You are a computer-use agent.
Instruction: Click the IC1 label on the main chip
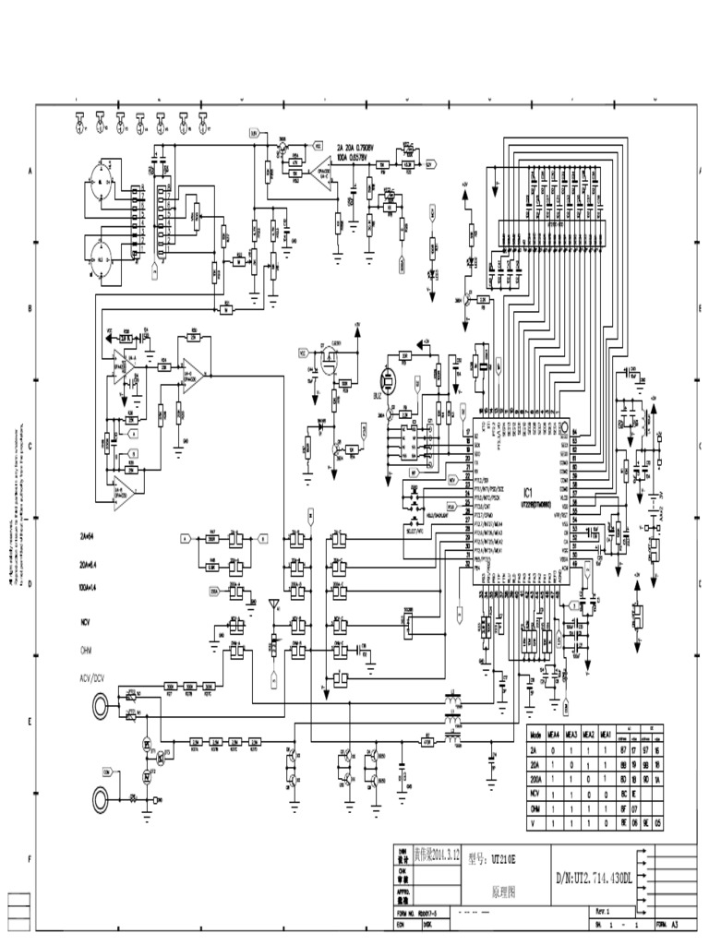coord(528,491)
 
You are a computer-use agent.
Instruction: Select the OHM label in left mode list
coord(88,650)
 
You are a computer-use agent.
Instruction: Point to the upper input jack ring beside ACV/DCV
coord(99,709)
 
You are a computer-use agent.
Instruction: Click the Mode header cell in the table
coord(535,734)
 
